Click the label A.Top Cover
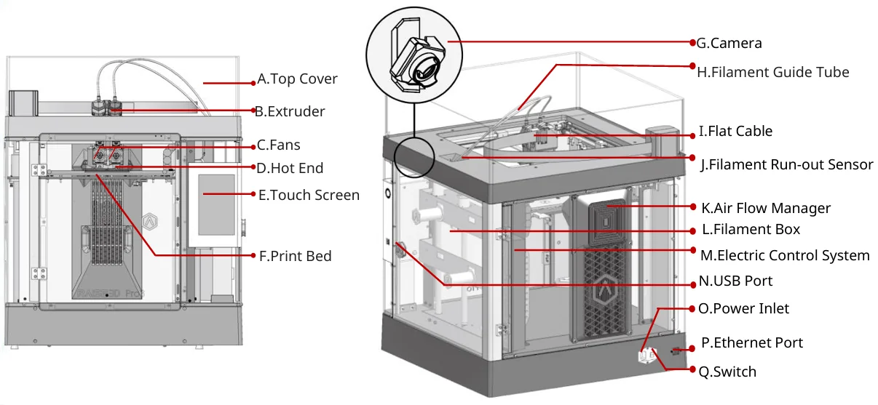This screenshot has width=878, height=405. (297, 79)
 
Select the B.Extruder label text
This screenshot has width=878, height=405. (289, 111)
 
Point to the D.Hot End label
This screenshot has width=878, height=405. (290, 168)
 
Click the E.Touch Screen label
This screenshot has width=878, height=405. (309, 195)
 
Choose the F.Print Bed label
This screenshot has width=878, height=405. (295, 255)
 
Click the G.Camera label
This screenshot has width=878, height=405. (729, 43)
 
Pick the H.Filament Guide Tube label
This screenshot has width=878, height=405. (772, 72)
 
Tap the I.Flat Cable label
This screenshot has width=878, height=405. (735, 132)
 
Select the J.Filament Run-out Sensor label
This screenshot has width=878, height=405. (786, 164)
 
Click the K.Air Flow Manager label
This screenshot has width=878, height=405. (765, 208)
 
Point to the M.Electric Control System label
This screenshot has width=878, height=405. (785, 255)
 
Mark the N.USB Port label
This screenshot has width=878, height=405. (735, 281)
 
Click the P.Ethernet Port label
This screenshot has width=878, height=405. (752, 342)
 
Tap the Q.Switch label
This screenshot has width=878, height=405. (727, 372)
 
